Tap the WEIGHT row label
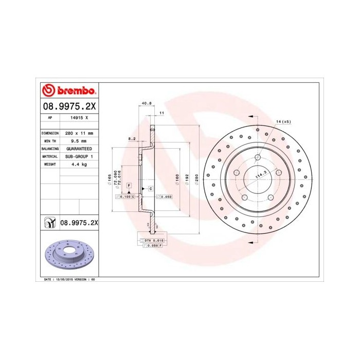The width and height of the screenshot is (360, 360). (x=49, y=164)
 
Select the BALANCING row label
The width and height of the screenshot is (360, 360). (x=49, y=148)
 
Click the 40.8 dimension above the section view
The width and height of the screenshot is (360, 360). (x=147, y=103)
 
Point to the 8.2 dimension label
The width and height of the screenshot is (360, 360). (x=132, y=138)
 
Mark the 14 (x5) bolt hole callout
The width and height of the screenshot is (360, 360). (x=283, y=121)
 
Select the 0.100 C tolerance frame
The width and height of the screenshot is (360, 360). (x=125, y=196)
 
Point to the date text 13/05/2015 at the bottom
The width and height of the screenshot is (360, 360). (x=67, y=279)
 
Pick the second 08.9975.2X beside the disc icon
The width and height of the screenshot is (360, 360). (x=79, y=222)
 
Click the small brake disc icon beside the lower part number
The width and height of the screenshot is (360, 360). (x=50, y=222)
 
